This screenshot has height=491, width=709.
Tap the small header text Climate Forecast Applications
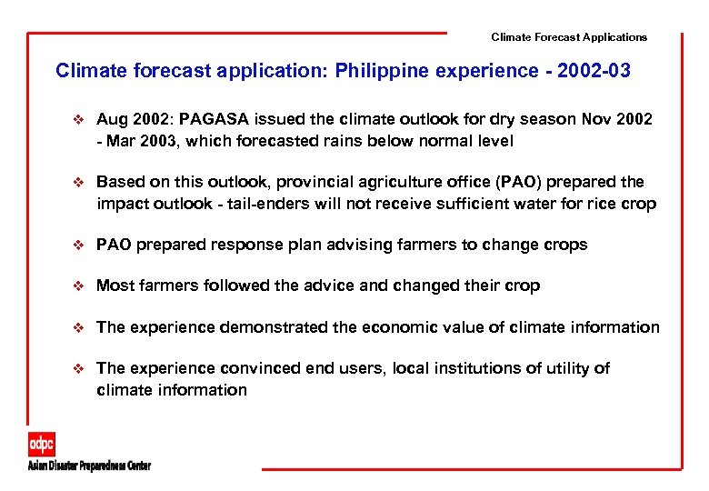pyautogui.click(x=569, y=37)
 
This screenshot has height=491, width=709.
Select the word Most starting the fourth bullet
pyautogui.click(x=115, y=286)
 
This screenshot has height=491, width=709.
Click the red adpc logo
pyautogui.click(x=41, y=445)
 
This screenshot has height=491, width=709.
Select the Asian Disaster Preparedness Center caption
pyautogui.click(x=88, y=466)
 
